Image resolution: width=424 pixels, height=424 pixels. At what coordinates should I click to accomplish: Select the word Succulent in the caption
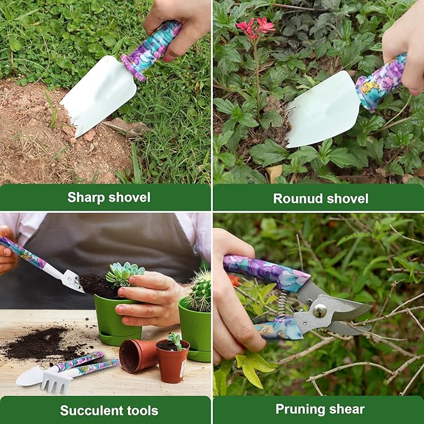[88, 410]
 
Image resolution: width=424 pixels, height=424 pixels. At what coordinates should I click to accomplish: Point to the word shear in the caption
[348, 410]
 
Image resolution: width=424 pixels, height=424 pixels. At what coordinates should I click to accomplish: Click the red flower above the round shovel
[256, 26]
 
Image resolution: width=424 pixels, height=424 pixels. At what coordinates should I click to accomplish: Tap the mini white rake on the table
[54, 380]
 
